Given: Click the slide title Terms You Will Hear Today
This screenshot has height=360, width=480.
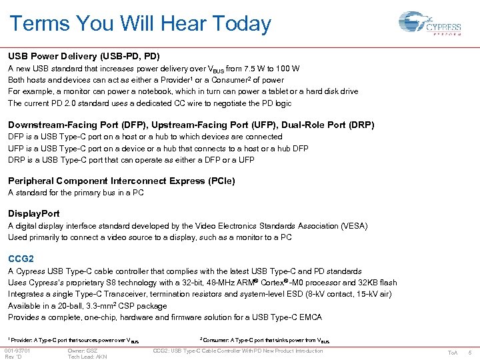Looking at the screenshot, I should (x=140, y=24).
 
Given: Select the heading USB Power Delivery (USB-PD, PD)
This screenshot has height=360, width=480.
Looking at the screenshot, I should (x=84, y=56).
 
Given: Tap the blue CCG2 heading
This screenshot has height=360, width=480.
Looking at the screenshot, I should (x=21, y=259).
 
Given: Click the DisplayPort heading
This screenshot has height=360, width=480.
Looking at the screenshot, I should (x=33, y=213).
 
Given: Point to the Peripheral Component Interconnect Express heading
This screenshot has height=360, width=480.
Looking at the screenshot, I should (x=121, y=181).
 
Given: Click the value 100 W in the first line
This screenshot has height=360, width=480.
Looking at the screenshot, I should (x=287, y=69).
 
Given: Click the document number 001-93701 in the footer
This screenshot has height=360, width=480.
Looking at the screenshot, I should (x=17, y=351).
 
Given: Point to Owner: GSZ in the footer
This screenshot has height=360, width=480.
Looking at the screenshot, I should (x=83, y=351).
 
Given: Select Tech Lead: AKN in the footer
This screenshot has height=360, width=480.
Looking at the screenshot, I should (x=87, y=357).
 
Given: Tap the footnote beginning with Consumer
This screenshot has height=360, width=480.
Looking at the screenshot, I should (x=264, y=340).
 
